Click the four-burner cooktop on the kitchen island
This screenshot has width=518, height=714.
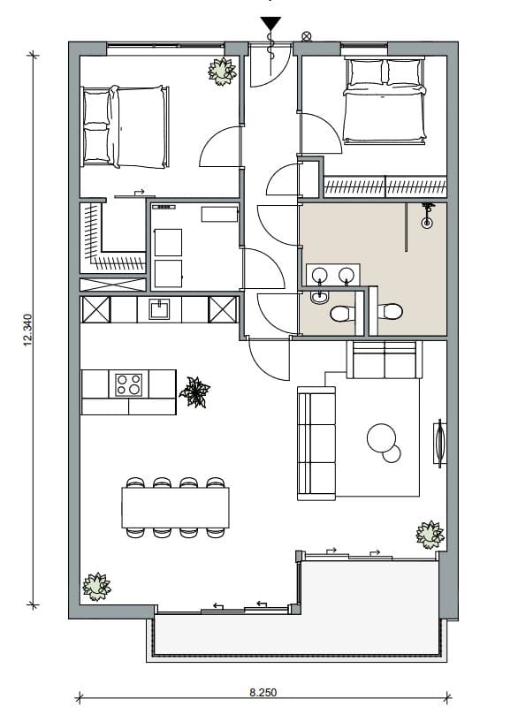pos(129,384)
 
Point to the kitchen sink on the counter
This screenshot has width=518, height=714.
pos(159,309)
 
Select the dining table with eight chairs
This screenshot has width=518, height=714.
pos(175,507)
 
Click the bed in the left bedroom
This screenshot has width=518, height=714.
pos(124,125)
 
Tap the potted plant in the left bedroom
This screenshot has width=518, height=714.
pos(222,70)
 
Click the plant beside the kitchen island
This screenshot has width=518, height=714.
pos(194,391)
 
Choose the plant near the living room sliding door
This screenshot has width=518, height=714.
pos(430,534)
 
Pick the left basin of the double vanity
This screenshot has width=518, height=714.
pos(319,273)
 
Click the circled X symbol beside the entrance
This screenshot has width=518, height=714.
pos(306,36)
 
